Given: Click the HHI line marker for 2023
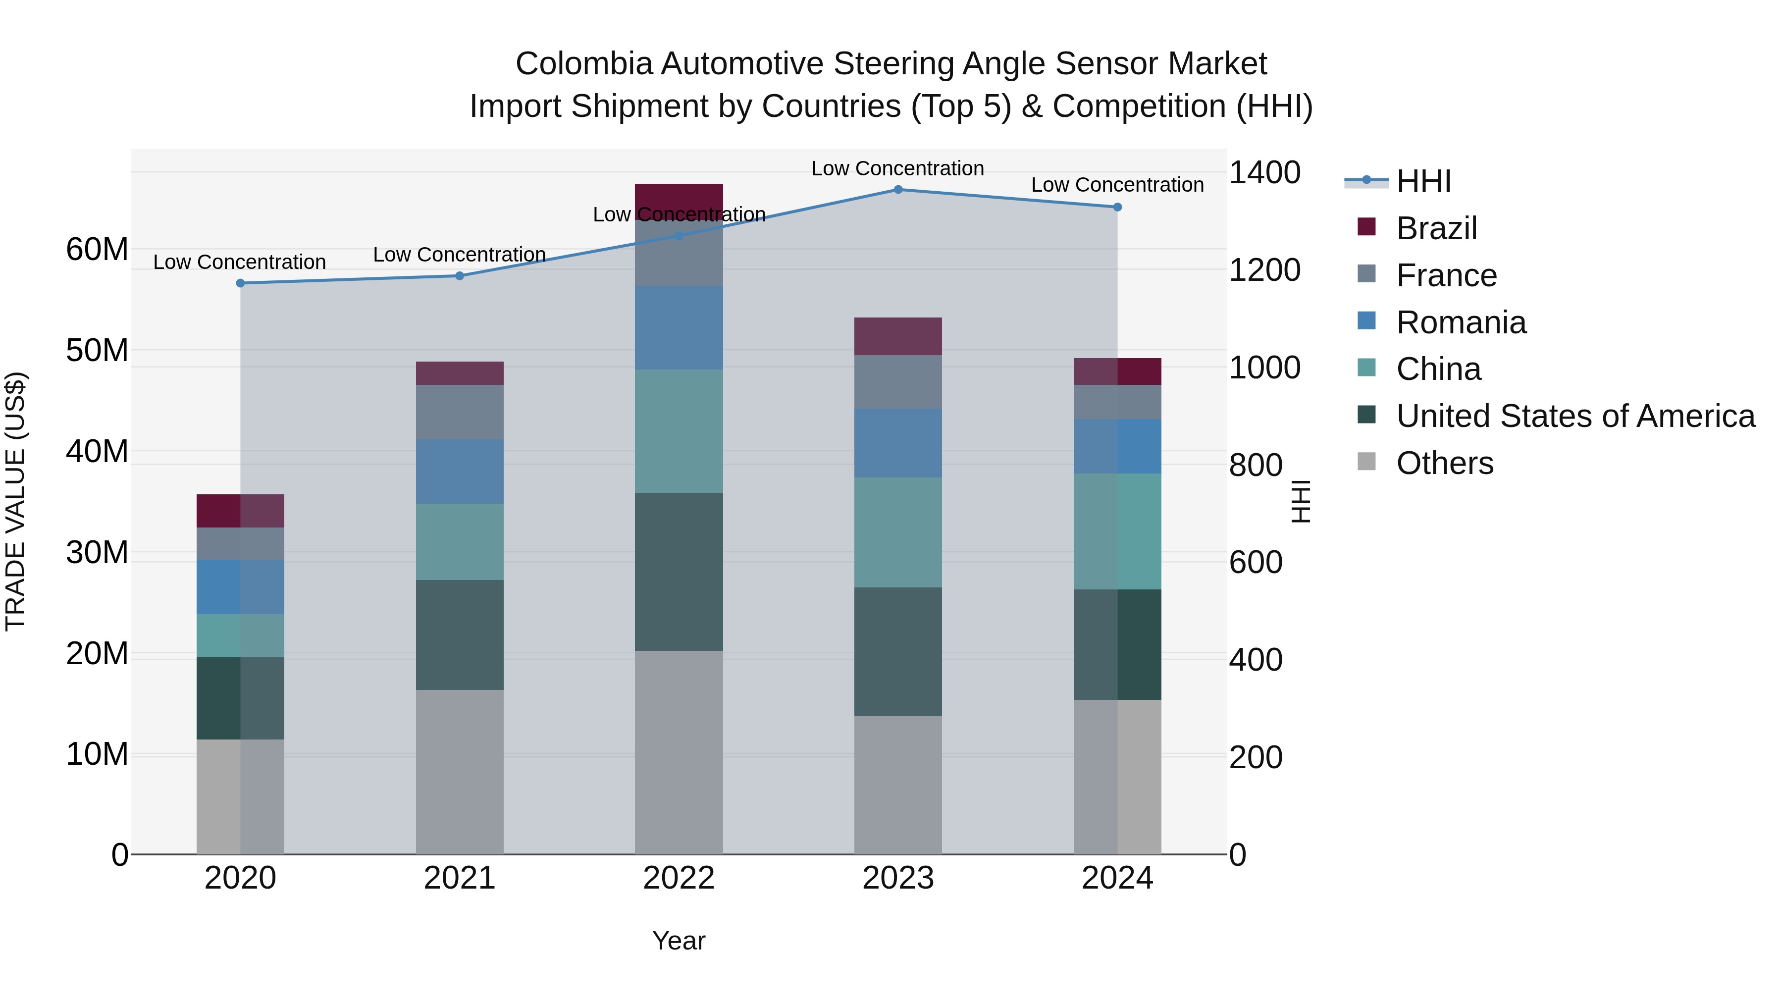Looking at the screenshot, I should pyautogui.click(x=898, y=190).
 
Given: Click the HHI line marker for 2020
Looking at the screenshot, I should pyautogui.click(x=240, y=283).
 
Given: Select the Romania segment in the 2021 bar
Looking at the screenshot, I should pyautogui.click(x=460, y=472).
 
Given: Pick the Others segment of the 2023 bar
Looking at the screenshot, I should pyautogui.click(x=898, y=785).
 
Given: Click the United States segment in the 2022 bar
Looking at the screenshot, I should pyautogui.click(x=679, y=572).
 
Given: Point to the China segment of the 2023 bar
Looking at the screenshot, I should pyautogui.click(x=898, y=532).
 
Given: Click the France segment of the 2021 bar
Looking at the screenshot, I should pyautogui.click(x=460, y=412).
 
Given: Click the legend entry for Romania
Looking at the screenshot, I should pyautogui.click(x=1461, y=322).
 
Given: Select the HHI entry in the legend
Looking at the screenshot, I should pyautogui.click(x=1423, y=181).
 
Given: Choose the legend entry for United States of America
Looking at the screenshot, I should pyautogui.click(x=1574, y=416).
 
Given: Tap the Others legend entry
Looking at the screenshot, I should pyautogui.click(x=1445, y=463).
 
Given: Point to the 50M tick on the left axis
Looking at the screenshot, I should pyautogui.click(x=97, y=350).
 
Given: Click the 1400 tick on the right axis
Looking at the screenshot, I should pyautogui.click(x=1264, y=172).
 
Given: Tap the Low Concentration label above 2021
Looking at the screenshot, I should pyautogui.click(x=459, y=255).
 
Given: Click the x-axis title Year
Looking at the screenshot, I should pyautogui.click(x=679, y=941).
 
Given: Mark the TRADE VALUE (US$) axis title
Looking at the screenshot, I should pyautogui.click(x=15, y=501).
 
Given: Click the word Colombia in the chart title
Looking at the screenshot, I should pyautogui.click(x=583, y=64).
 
